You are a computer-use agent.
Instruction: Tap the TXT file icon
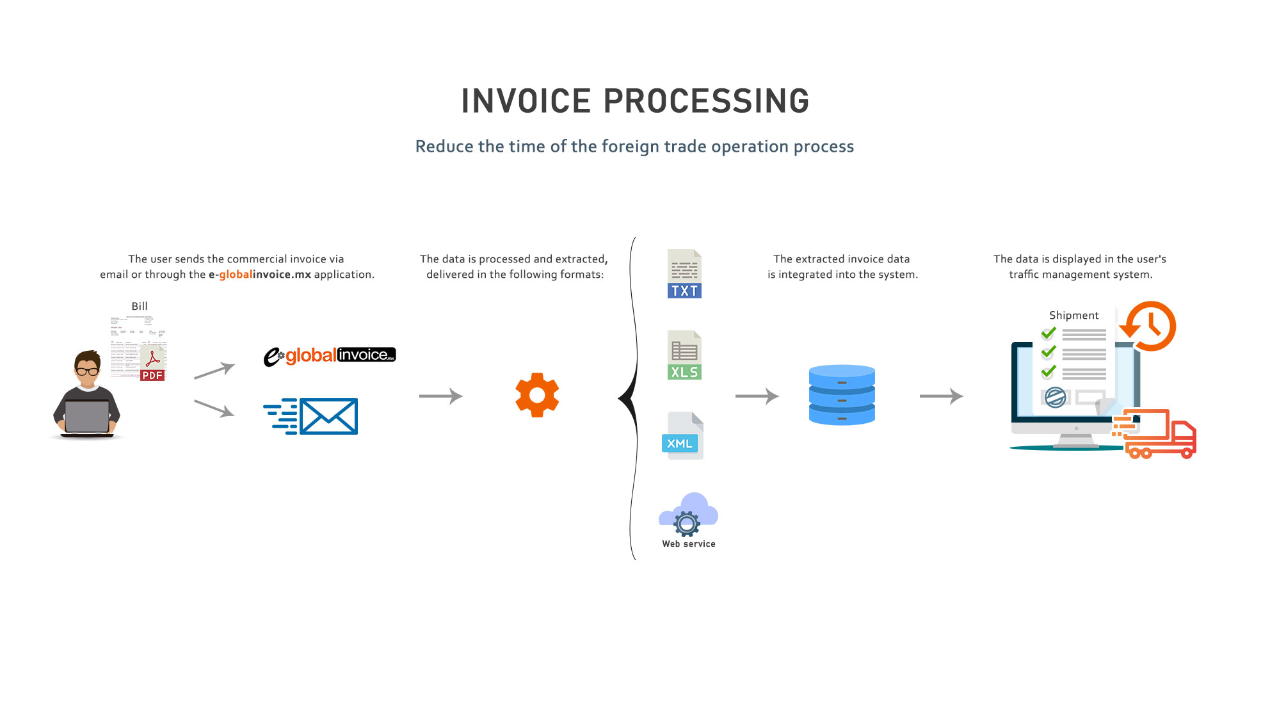684,274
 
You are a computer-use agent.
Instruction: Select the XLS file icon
684,355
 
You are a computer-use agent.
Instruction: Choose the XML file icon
682,436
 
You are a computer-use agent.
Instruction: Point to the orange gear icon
537,395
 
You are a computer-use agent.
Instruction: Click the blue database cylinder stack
842,395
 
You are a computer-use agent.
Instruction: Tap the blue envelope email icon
328,416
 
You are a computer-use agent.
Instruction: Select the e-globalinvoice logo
330,355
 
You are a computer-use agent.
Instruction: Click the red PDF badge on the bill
152,376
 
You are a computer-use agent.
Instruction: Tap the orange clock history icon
1149,326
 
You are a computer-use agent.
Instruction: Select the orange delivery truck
1159,435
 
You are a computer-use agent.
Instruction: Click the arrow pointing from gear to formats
441,396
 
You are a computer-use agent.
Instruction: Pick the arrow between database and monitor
941,396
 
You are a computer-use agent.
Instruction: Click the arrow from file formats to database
757,396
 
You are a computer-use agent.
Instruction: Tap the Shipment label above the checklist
1073,316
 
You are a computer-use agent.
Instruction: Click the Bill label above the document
140,307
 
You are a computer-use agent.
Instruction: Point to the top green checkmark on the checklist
1049,333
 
